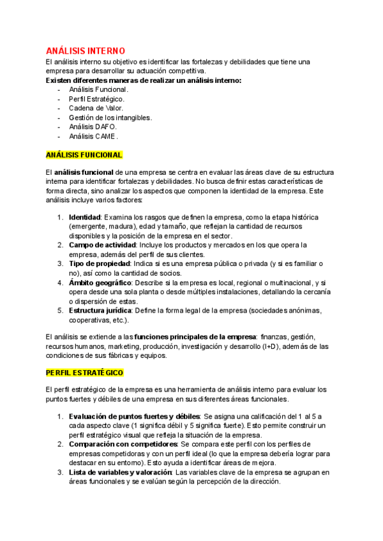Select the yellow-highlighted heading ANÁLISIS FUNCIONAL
(x=84, y=155)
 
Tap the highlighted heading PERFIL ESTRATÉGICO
(x=84, y=373)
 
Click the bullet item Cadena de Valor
(x=96, y=108)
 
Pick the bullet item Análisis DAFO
(x=93, y=126)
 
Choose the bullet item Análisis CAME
(x=93, y=136)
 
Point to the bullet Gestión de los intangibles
(x=110, y=117)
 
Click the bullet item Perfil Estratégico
(x=96, y=99)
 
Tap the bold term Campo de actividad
(x=101, y=245)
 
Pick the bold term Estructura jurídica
(x=100, y=311)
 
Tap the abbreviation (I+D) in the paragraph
(x=271, y=346)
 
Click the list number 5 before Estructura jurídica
(x=60, y=311)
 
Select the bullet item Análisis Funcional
(x=98, y=89)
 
